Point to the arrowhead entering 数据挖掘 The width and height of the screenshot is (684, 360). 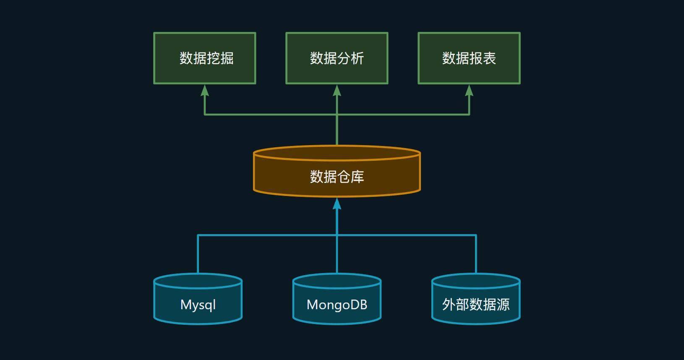coord(204,90)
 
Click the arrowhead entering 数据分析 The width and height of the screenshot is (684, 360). coord(337,90)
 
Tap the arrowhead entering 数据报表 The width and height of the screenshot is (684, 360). coord(469,90)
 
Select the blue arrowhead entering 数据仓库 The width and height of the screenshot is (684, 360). coord(337,203)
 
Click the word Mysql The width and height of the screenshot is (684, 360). coord(198,305)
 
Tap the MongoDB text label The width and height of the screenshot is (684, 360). coord(337,305)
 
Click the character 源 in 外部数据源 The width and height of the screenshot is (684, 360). coord(503,305)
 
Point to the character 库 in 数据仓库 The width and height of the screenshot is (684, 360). coord(357,177)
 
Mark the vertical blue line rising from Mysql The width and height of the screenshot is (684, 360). coord(198,254)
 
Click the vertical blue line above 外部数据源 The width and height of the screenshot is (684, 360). coord(476,254)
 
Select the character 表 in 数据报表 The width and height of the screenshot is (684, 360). coord(489,58)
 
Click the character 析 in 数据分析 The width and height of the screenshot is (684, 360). coord(357,58)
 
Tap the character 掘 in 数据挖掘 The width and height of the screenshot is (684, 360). coord(227,58)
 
